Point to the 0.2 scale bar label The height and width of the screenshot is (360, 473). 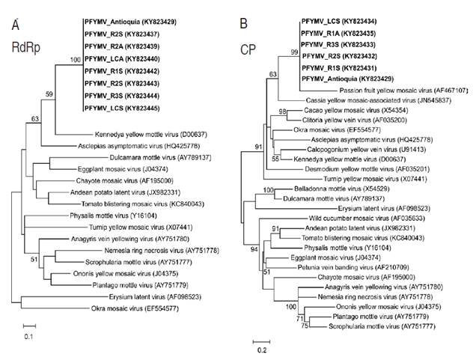tap(259, 350)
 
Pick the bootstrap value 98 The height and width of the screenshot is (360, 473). tap(283, 112)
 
